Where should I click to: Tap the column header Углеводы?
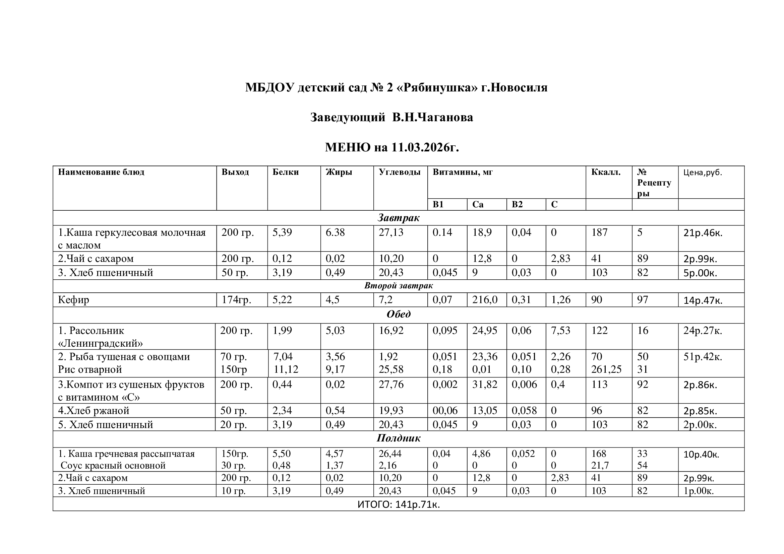pos(399,172)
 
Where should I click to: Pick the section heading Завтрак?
pos(398,218)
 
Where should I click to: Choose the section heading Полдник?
pos(398,438)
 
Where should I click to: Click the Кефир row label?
pos(73,300)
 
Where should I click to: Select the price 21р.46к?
pos(703,233)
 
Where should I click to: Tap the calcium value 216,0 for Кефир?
pos(485,300)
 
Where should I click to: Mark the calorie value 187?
pos(599,232)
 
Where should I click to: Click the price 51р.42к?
pos(703,357)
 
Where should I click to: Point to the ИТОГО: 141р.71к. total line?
pos(399,504)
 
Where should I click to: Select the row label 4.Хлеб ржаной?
pos(94,410)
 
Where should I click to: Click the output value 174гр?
pos(236,300)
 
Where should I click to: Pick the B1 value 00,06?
pos(444,410)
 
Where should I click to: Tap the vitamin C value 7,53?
pos(560,331)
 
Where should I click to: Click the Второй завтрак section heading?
pos(398,285)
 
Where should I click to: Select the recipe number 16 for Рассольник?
pos(642,331)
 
